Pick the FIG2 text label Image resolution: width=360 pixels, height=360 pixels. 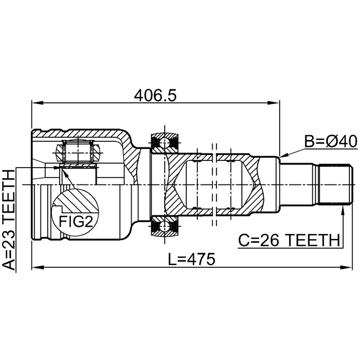75,220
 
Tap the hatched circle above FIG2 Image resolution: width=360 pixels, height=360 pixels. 78,199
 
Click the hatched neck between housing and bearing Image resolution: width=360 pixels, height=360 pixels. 139,163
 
